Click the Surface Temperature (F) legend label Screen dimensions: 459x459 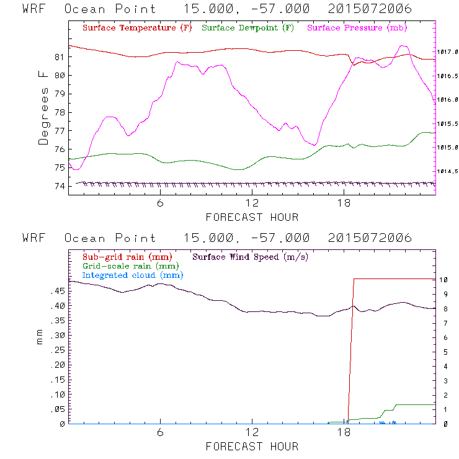[x=137, y=29]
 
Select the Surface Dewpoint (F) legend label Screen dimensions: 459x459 [x=248, y=29]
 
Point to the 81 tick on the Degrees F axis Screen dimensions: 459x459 [x=59, y=57]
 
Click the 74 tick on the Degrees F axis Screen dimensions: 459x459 [x=59, y=186]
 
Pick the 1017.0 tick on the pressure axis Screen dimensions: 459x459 [x=448, y=52]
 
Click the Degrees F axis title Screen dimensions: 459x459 [x=43, y=107]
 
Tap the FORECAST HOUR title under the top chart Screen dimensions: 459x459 [x=252, y=217]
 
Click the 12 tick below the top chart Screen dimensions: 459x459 [x=252, y=204]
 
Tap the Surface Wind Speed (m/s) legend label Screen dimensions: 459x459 [x=251, y=256]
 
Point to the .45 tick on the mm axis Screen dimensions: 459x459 [x=56, y=292]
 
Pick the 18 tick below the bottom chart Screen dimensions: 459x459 [x=344, y=434]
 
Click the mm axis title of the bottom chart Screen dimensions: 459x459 [x=42, y=336]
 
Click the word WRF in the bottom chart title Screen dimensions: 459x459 [x=33, y=238]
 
